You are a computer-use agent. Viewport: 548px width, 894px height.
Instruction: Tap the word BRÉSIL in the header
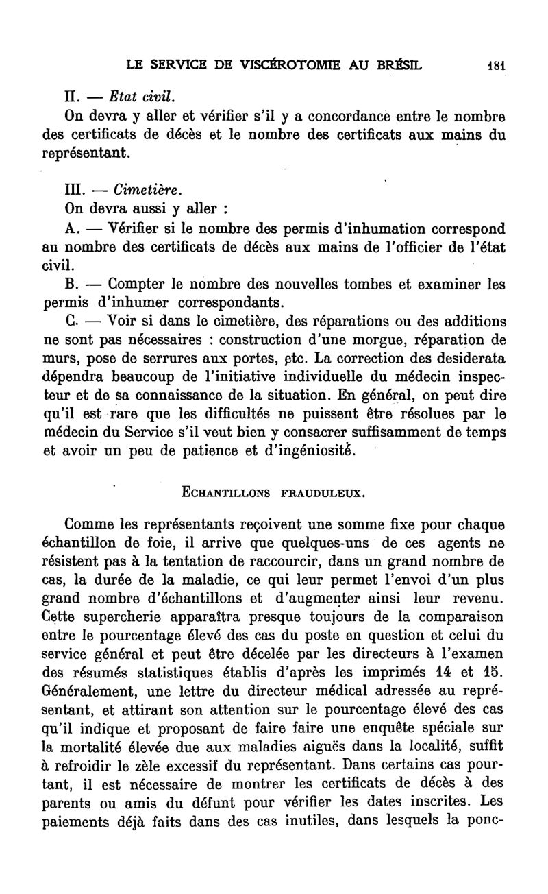click(399, 67)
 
